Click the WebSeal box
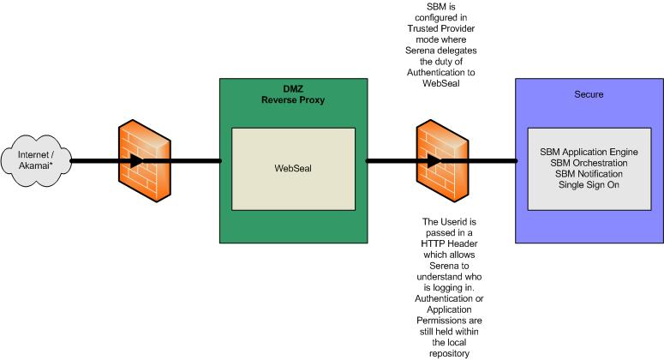tap(293, 168)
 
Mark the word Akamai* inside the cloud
tap(34, 165)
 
